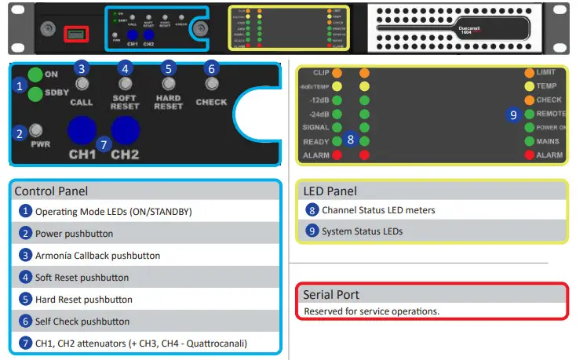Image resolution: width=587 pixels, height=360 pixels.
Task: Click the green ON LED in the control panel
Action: [x=35, y=75]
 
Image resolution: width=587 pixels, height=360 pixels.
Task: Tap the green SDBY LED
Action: [x=35, y=94]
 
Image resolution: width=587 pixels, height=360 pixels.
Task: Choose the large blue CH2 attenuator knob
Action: [x=124, y=129]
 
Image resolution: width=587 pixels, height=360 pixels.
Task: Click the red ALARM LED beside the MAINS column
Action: [x=529, y=155]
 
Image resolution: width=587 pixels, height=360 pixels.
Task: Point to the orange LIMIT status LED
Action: [x=529, y=72]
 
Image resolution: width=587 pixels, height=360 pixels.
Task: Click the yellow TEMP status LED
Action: [x=529, y=86]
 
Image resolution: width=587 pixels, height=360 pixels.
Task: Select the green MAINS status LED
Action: [x=529, y=141]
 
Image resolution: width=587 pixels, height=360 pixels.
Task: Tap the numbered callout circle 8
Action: [x=352, y=140]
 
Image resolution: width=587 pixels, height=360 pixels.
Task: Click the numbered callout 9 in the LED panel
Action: [x=513, y=114]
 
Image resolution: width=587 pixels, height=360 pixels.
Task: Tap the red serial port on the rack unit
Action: [x=75, y=35]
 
